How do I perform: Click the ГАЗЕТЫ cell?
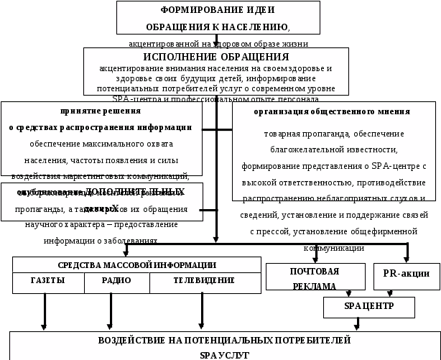click(x=47, y=281)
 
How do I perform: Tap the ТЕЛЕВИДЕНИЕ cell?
click(x=204, y=281)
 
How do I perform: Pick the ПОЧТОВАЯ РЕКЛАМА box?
click(x=314, y=279)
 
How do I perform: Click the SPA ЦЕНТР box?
click(x=369, y=307)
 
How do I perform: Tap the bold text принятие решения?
click(x=100, y=111)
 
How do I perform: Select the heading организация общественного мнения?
click(x=332, y=112)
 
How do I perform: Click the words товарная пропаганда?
click(x=294, y=134)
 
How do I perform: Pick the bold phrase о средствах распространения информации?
click(x=100, y=127)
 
